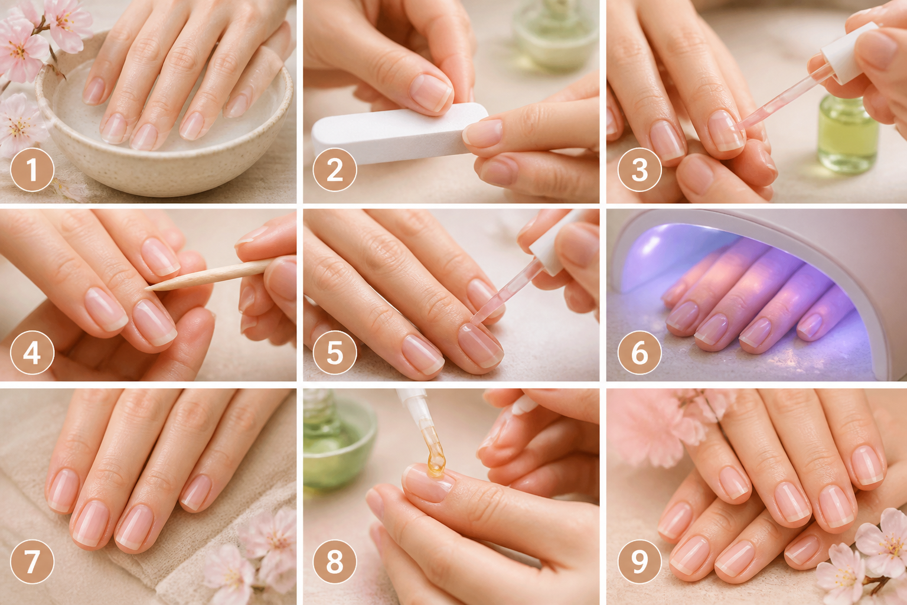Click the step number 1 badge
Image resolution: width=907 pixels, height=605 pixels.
32,170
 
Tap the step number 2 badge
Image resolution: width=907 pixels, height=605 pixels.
335,170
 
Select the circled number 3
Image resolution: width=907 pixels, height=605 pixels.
640,170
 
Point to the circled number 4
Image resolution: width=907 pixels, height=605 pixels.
32,353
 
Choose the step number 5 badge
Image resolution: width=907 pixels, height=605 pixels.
335,353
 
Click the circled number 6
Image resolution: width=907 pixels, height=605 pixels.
640,353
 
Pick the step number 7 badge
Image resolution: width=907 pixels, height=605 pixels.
32,562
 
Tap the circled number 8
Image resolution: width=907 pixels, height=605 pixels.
335,562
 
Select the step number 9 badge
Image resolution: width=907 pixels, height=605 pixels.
640,562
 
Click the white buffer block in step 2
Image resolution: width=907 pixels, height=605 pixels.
399,134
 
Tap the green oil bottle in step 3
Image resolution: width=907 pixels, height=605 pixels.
848,134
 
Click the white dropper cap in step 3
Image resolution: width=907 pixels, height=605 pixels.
849,53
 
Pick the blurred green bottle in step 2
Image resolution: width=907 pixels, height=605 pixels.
556,34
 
